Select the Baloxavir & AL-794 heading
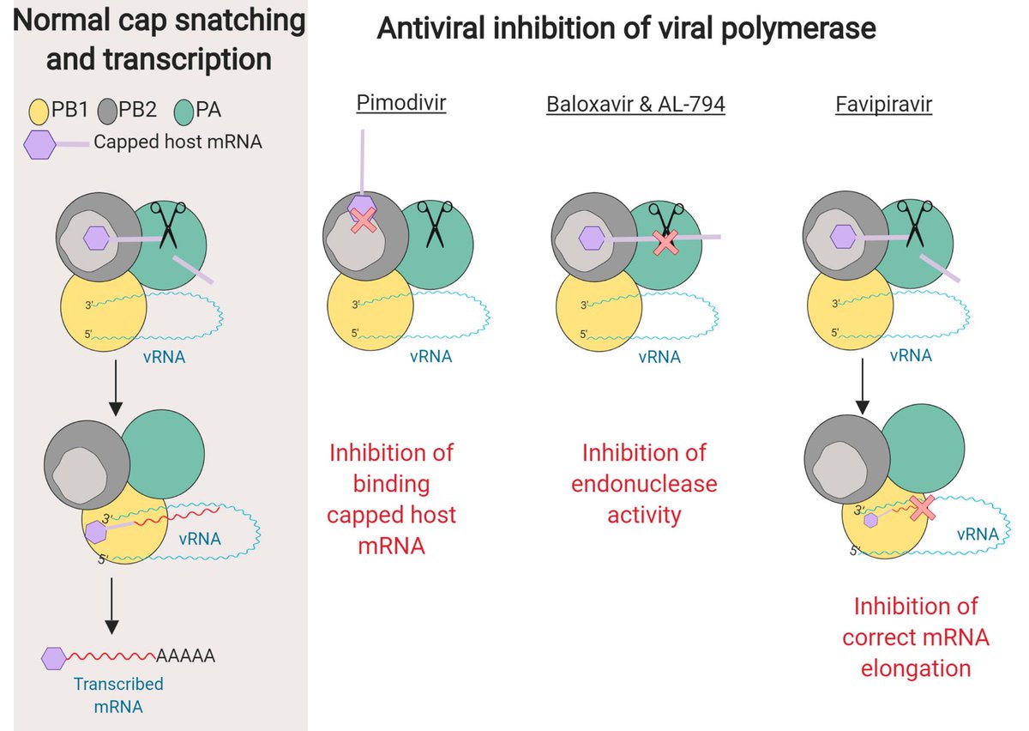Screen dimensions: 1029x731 [635, 104]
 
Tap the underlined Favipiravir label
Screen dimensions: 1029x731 [883, 105]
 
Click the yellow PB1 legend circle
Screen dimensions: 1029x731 [39, 112]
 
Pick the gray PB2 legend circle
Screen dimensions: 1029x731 [107, 112]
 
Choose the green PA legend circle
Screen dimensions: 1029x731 [184, 112]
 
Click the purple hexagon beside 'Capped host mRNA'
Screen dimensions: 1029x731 [40, 145]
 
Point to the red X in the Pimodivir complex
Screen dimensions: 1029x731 [364, 220]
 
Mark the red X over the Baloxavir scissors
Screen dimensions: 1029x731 [665, 242]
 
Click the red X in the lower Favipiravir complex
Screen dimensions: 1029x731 [923, 507]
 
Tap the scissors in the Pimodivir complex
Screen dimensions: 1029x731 [435, 224]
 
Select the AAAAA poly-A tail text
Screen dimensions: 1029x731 [185, 655]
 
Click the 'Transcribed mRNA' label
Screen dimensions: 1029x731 [118, 695]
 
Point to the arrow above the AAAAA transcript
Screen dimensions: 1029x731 [111, 606]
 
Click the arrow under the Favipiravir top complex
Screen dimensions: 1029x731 [863, 386]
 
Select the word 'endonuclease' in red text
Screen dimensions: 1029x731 [644, 484]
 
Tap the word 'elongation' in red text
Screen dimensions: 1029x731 [916, 668]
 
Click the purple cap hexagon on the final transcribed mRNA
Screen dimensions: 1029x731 [54, 658]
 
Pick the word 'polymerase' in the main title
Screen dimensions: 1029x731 [798, 28]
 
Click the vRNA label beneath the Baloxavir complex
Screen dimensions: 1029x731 [659, 357]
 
